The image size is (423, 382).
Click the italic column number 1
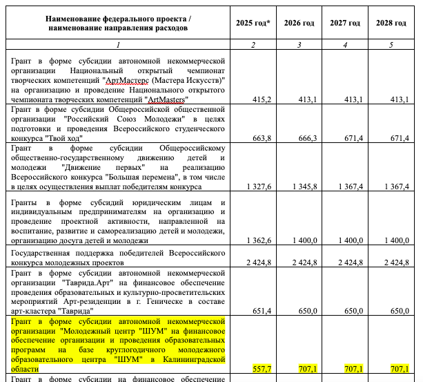[118, 45]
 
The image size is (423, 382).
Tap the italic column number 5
[391, 45]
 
